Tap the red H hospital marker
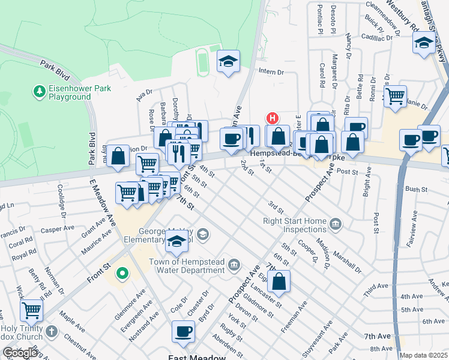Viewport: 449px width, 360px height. pyautogui.click(x=273, y=118)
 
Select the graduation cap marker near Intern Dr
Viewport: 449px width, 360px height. pyautogui.click(x=228, y=61)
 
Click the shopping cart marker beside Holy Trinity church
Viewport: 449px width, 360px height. pyautogui.click(x=31, y=311)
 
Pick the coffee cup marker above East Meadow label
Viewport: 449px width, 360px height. pyautogui.click(x=183, y=331)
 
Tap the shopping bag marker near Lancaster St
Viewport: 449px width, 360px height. pyautogui.click(x=279, y=281)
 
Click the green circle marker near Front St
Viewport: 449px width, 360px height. pyautogui.click(x=122, y=274)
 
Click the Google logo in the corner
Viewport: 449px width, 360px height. pyautogui.click(x=20, y=353)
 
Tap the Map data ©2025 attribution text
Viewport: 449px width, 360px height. pyautogui.click(x=424, y=355)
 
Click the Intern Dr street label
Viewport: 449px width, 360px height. pyautogui.click(x=271, y=72)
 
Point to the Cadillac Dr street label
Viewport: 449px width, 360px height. pyautogui.click(x=377, y=37)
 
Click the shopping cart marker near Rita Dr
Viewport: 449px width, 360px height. pyautogui.click(x=395, y=96)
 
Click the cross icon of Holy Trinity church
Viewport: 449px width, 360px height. pyautogui.click(x=52, y=331)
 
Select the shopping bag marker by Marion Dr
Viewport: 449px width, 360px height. pyautogui.click(x=119, y=155)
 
